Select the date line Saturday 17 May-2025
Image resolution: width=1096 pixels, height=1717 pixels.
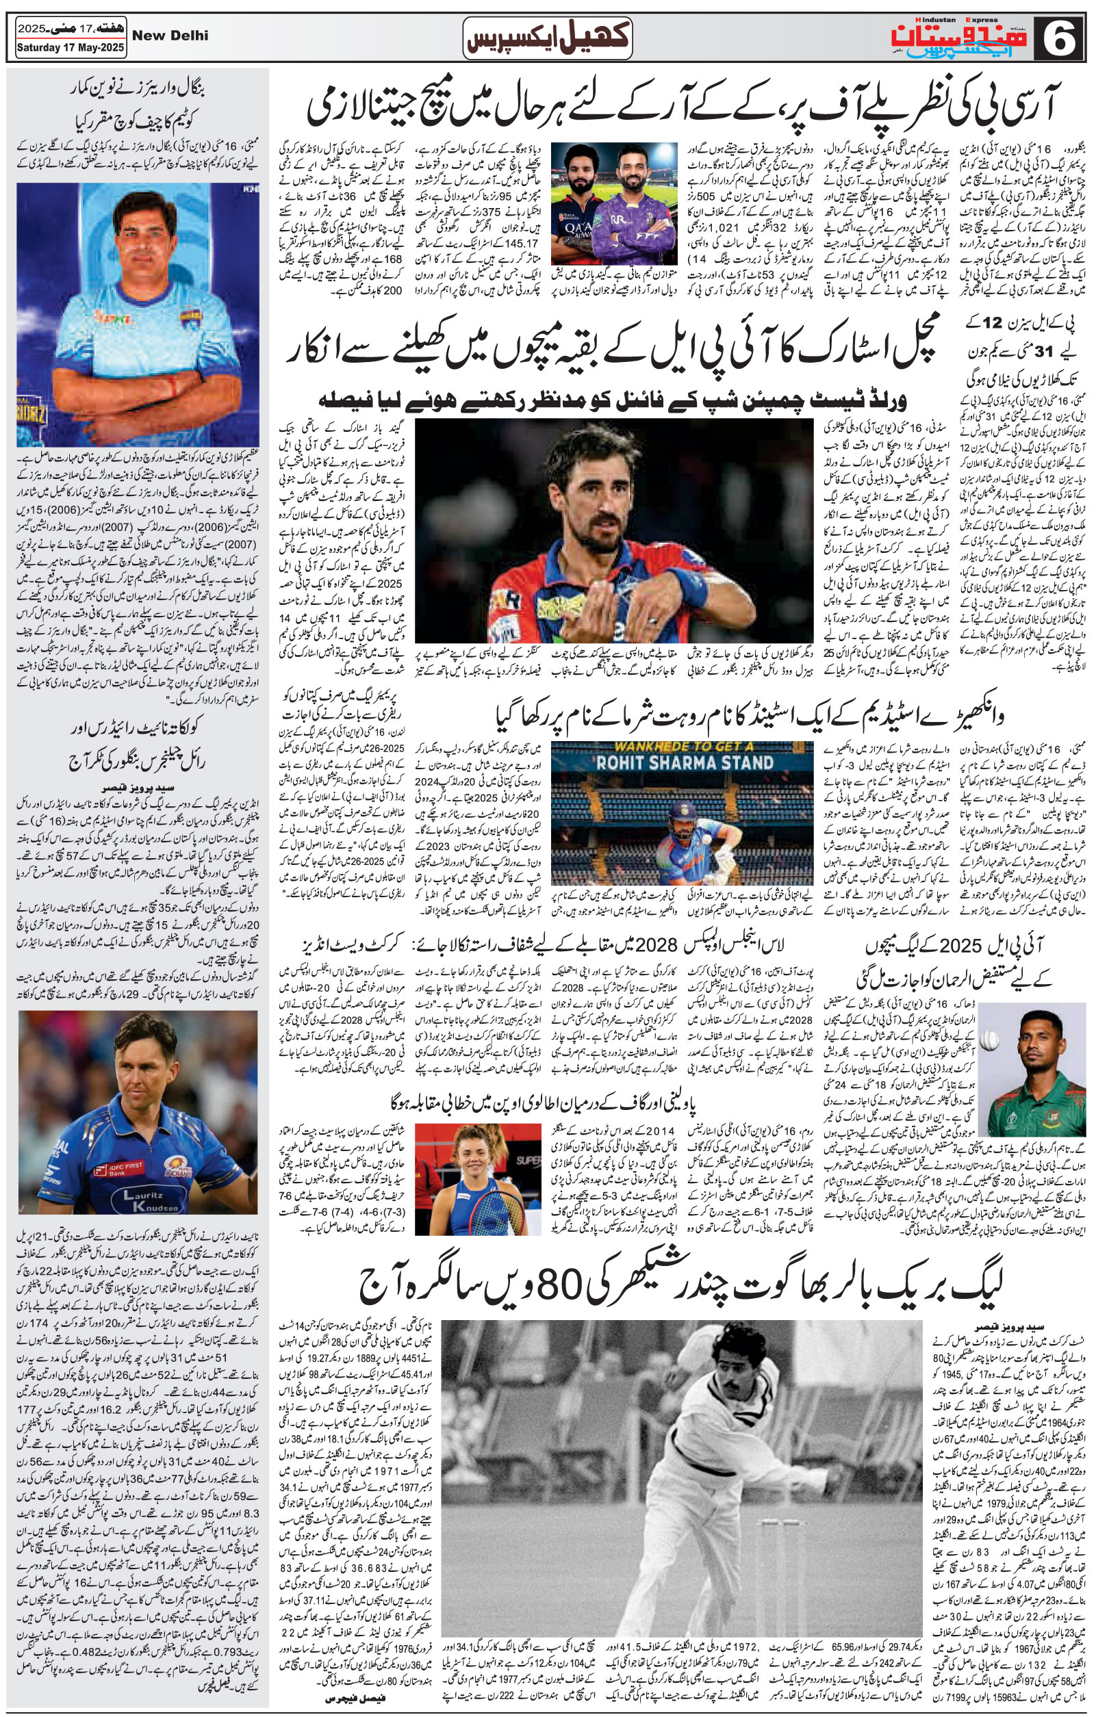(71, 49)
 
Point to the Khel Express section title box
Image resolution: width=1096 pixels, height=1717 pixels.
(548, 37)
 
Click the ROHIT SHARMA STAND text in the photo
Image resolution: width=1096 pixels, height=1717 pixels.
(685, 762)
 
